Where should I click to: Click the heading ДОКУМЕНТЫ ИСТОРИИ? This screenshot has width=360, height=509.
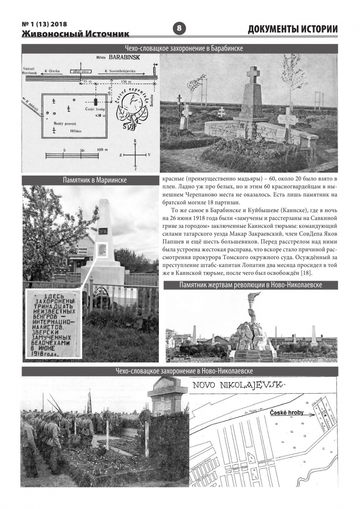[292, 29]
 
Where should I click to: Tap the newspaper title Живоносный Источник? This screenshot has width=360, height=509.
[76, 34]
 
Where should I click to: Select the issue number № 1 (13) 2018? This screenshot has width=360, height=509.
[44, 24]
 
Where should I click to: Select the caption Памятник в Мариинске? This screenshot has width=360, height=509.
[90, 180]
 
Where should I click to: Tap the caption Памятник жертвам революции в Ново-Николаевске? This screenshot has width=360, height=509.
[250, 285]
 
